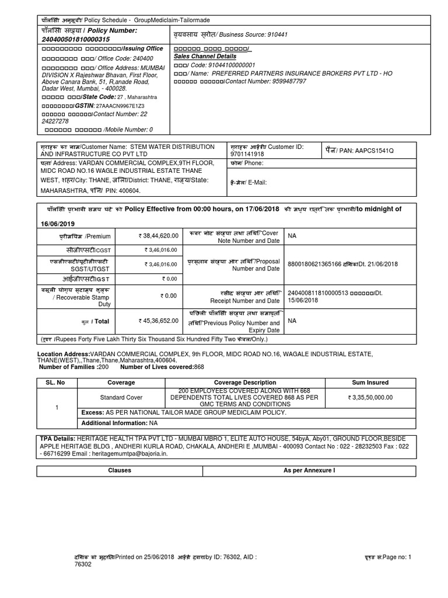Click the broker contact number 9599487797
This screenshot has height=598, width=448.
285,81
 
